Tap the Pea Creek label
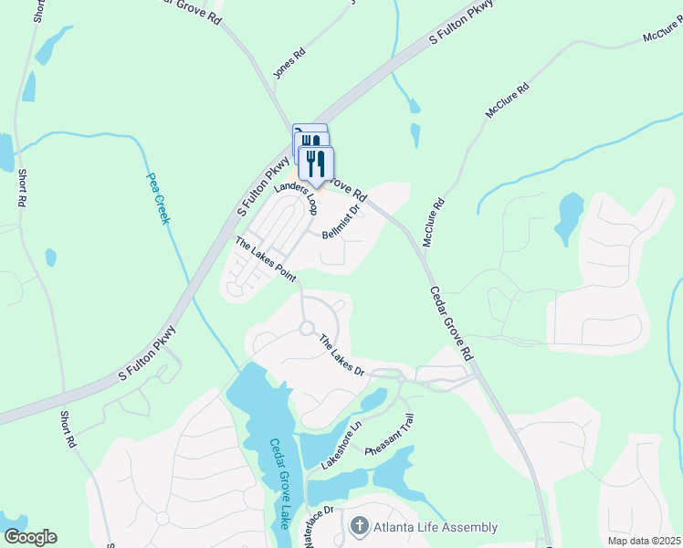tap(160, 199)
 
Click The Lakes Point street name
tap(266, 259)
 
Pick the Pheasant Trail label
tap(390, 436)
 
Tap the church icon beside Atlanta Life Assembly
tap(359, 527)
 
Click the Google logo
tap(30, 537)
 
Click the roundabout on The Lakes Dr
tap(307, 328)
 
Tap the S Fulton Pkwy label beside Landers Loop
tap(263, 184)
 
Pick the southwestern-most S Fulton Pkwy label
tap(147, 358)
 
